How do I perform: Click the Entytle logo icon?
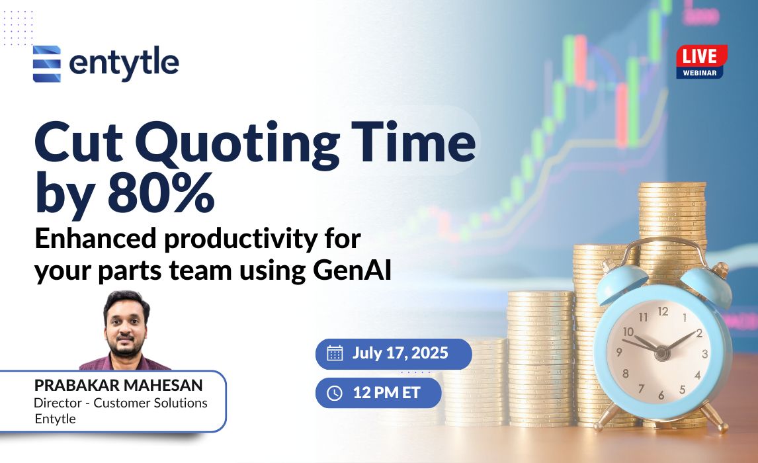click(x=47, y=63)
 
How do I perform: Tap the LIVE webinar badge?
click(x=701, y=62)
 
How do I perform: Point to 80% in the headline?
click(x=161, y=193)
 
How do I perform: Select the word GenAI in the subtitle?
click(x=352, y=270)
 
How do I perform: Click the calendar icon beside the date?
click(x=335, y=353)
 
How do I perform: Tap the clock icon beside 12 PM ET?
click(x=335, y=393)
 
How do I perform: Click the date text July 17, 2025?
click(x=400, y=353)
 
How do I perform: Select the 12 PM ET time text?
click(x=387, y=392)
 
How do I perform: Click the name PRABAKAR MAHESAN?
click(x=118, y=385)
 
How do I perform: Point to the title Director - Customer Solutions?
click(x=120, y=403)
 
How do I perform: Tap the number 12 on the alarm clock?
click(x=663, y=312)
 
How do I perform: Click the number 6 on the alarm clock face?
click(x=661, y=396)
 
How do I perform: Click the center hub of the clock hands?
click(x=661, y=353)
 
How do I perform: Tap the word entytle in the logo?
click(x=124, y=63)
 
